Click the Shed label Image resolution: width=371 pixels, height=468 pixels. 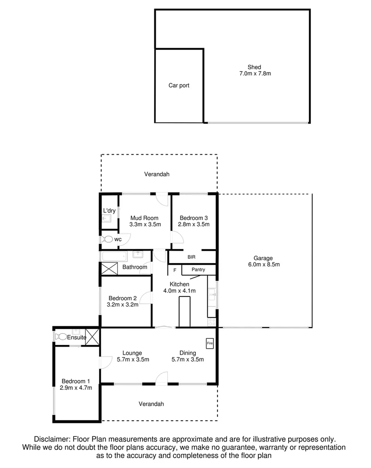tap(254, 67)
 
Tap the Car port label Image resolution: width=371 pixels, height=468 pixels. tap(179, 85)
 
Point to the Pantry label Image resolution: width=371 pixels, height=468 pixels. tap(198, 270)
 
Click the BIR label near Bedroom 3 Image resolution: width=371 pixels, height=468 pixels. tap(191, 257)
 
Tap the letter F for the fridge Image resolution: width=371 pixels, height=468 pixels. tap(175, 270)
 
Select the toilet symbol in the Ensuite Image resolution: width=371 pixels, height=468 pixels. tap(61, 336)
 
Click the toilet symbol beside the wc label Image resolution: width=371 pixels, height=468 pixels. tap(107, 239)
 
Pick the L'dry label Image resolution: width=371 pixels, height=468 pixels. tap(109, 211)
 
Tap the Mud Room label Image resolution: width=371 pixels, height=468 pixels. tap(144, 218)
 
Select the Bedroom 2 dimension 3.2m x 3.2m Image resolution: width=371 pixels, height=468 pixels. tap(123, 305)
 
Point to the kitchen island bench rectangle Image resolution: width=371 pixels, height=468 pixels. tap(185, 312)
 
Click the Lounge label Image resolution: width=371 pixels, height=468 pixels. tap(132, 353)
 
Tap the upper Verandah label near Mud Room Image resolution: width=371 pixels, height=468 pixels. tap(156, 174)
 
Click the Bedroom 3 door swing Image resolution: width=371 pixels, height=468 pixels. tap(177, 237)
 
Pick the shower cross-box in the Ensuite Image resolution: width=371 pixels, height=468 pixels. tap(92, 336)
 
